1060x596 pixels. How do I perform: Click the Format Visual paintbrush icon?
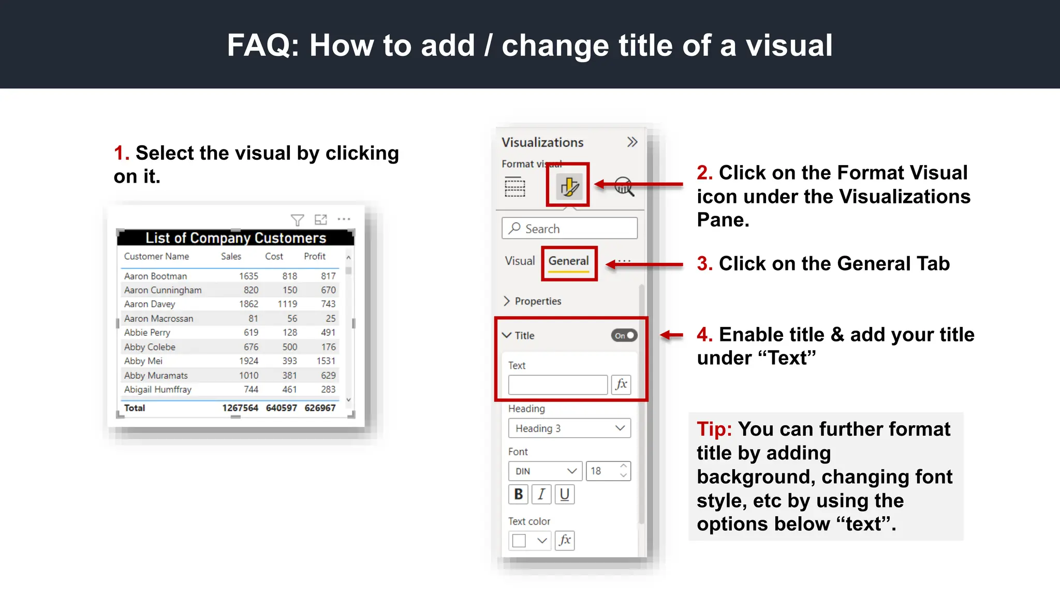coord(568,186)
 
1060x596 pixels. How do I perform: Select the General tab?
coord(568,261)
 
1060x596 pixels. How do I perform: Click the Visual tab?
coord(520,261)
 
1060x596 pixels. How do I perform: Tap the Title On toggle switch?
coord(624,336)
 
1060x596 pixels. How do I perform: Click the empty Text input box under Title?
coord(557,385)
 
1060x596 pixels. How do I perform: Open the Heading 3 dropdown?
coord(569,428)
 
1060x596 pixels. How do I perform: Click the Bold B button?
coord(518,495)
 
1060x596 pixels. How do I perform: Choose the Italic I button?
coord(541,495)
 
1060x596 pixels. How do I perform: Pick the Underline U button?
coord(565,495)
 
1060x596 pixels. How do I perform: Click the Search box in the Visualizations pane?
coord(569,229)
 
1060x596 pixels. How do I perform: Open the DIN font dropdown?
coord(545,471)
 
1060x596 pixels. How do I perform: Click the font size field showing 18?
coord(601,471)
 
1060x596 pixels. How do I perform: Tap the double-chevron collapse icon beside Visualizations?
coord(632,142)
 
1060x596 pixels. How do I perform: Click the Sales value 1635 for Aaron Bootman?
coord(248,276)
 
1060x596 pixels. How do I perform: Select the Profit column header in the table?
coord(315,257)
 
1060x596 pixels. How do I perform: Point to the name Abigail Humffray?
coord(158,390)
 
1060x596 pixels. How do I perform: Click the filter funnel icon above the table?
coord(297,220)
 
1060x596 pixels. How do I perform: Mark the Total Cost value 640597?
coord(282,408)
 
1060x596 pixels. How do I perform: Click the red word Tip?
coord(714,429)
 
